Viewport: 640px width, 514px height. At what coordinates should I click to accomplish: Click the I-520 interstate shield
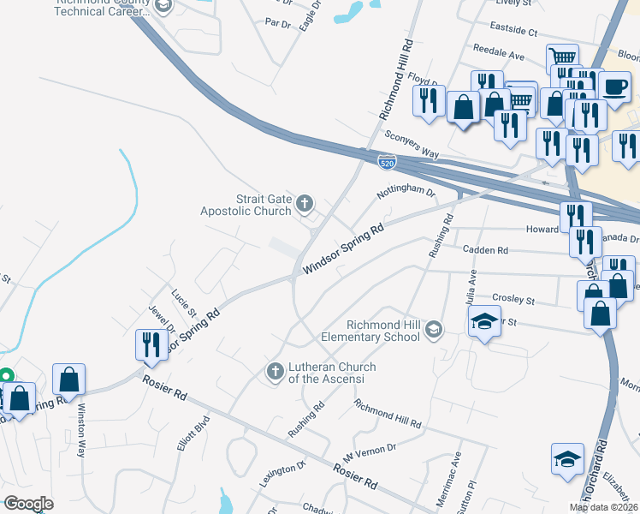[x=387, y=160]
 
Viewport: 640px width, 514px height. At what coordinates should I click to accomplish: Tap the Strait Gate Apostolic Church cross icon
[x=305, y=204]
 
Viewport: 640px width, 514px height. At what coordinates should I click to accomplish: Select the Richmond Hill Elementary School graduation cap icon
[x=434, y=330]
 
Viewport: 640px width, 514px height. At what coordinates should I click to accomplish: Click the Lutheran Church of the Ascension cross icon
[x=275, y=371]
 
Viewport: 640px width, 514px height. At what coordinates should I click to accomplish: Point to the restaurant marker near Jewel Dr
[x=151, y=344]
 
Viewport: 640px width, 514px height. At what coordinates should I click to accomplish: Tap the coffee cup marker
[x=614, y=86]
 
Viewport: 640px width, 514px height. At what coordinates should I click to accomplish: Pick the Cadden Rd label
[x=485, y=250]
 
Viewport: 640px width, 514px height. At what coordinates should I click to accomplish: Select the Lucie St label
[x=184, y=301]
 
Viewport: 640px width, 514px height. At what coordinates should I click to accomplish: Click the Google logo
[x=28, y=504]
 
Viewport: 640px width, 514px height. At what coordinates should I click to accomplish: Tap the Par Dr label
[x=278, y=23]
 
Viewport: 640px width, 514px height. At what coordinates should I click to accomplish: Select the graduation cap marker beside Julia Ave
[x=483, y=323]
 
